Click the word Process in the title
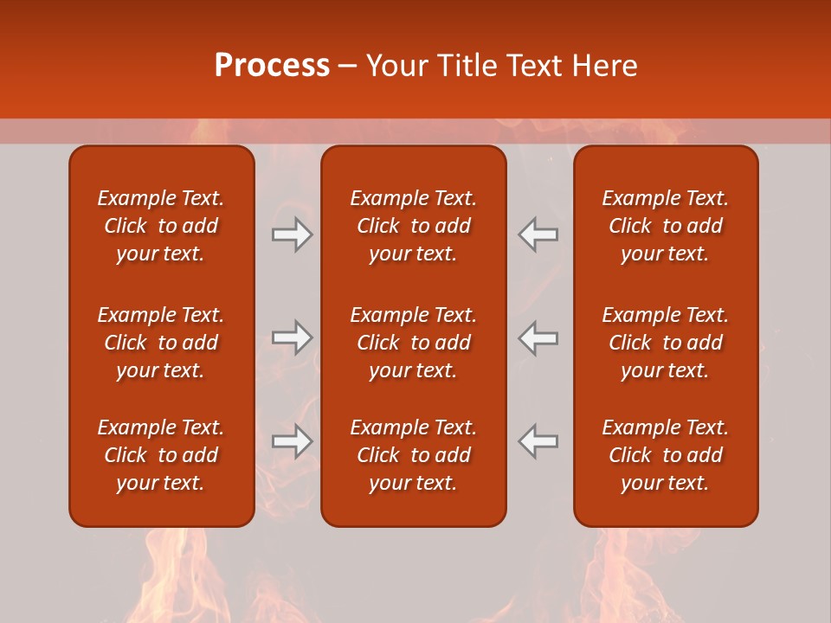[272, 66]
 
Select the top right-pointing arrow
[292, 234]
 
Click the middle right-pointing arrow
[292, 337]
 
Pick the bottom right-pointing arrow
[292, 441]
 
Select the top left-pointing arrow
[538, 234]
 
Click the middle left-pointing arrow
[538, 337]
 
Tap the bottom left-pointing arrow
[538, 441]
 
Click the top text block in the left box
[161, 226]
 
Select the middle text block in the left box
[161, 343]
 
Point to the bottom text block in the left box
[161, 455]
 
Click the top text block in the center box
[413, 226]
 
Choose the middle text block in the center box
[413, 343]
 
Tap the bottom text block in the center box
[413, 455]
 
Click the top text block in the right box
[665, 226]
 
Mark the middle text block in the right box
[665, 343]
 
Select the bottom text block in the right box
[665, 455]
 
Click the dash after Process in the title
[347, 67]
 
